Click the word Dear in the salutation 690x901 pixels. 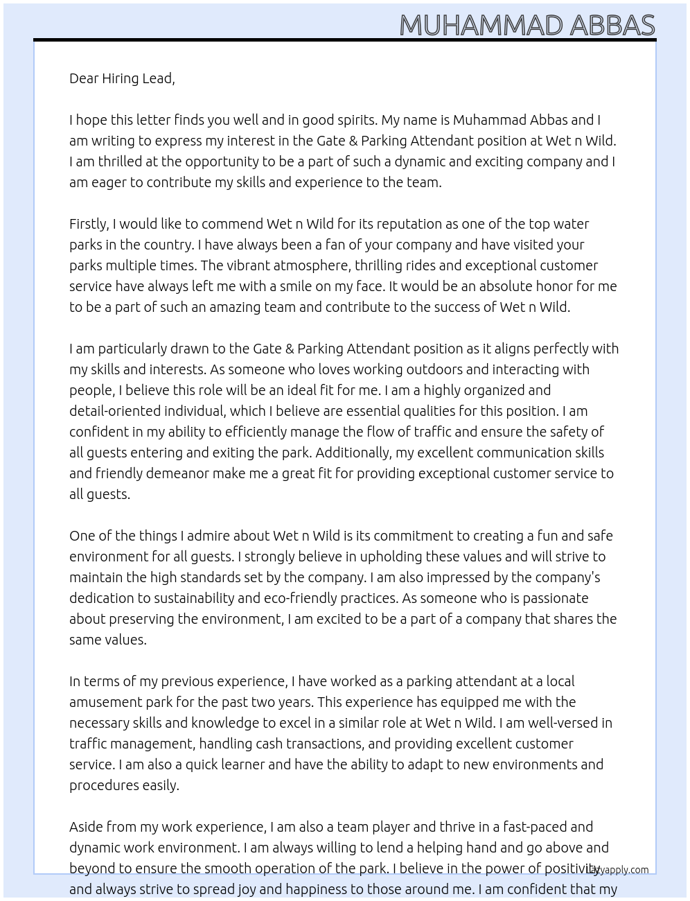[x=84, y=78]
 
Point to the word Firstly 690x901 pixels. [x=89, y=224]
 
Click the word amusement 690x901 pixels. [x=101, y=702]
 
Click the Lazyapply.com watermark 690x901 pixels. [x=617, y=870]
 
